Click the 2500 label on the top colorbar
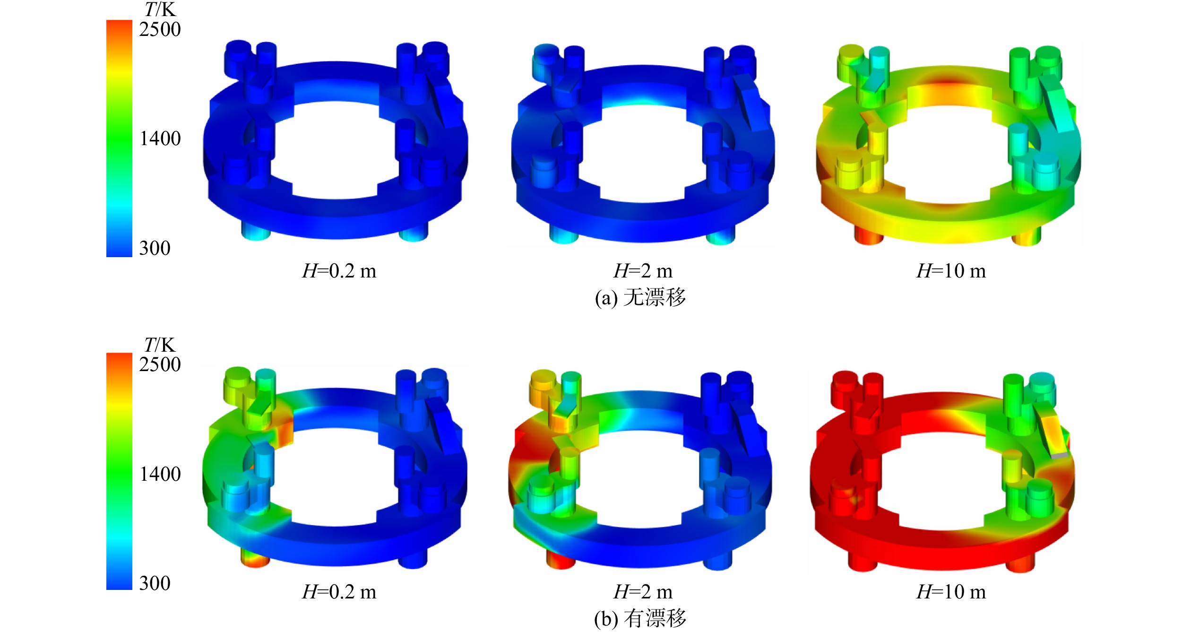160,30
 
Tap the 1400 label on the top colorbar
160,139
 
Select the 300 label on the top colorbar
155,249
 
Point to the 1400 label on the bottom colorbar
160,474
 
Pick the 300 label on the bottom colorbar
155,583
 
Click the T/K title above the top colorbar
160,9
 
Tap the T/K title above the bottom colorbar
160,345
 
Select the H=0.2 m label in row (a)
339,271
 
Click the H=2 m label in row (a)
643,271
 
